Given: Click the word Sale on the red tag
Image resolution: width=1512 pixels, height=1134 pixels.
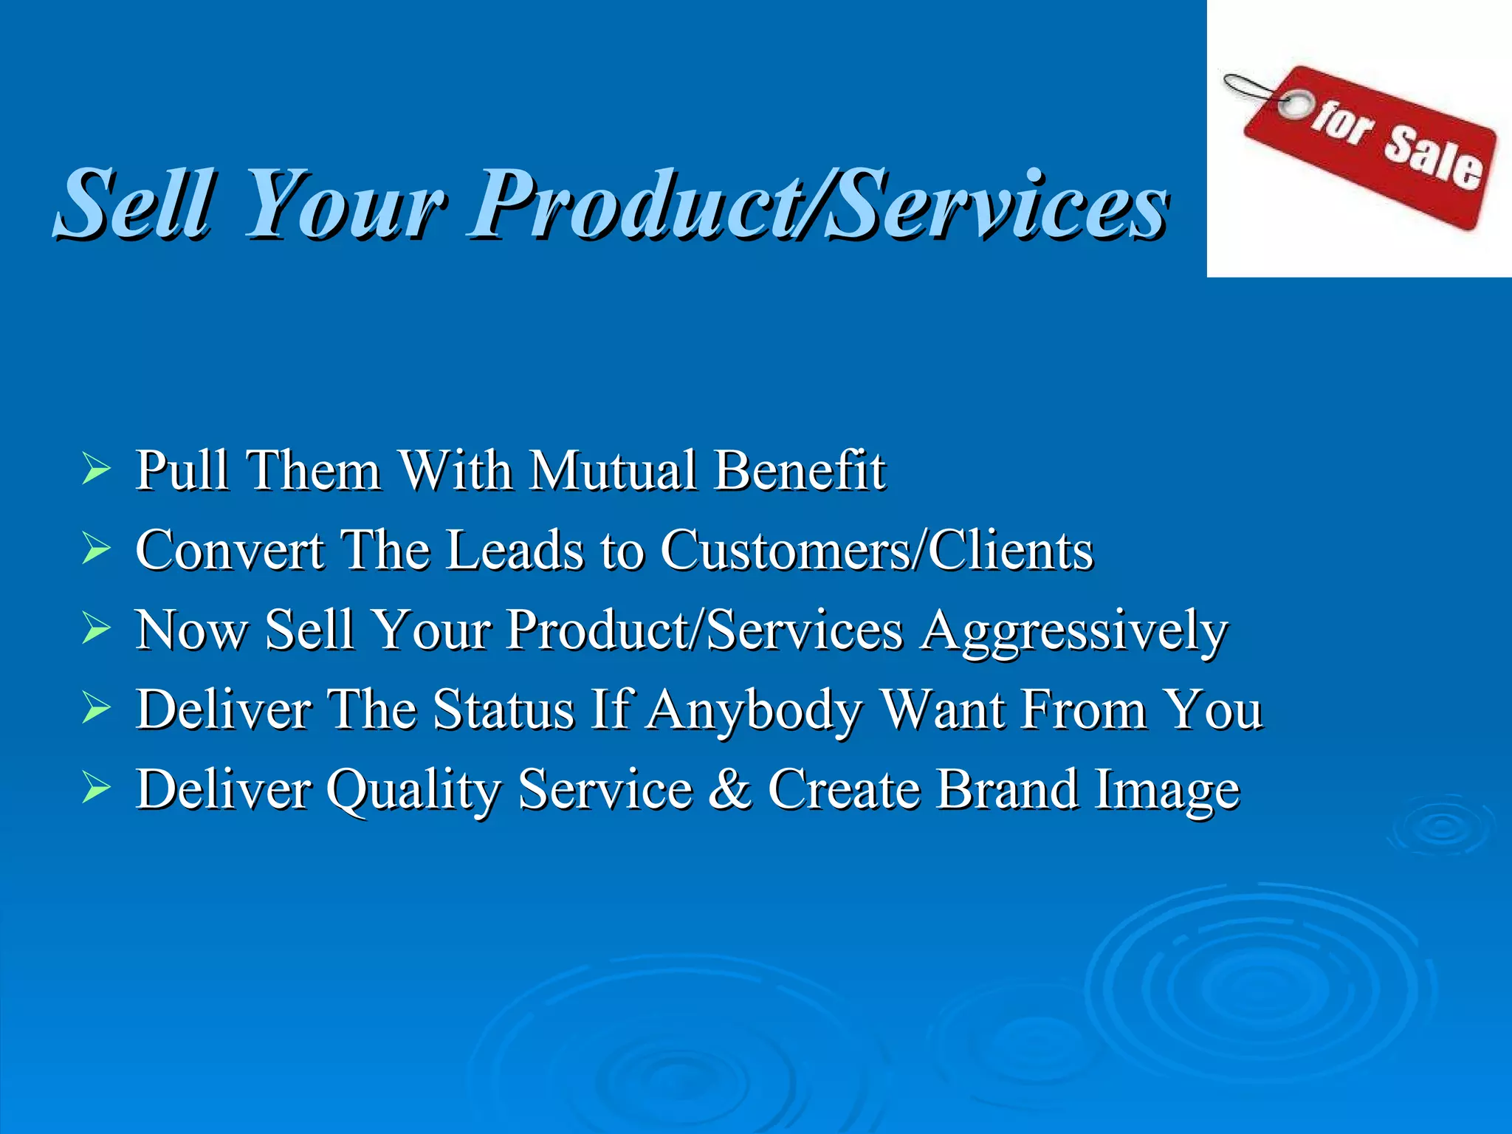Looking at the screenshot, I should point(1432,158).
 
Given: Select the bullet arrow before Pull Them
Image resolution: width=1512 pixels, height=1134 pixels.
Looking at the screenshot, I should point(96,470).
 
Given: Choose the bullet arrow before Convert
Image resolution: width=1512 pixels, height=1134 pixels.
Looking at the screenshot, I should point(96,549).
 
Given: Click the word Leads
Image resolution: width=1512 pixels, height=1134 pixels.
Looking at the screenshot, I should point(515,549).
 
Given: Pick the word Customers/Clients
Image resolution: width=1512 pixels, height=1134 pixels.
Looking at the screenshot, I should point(876,549).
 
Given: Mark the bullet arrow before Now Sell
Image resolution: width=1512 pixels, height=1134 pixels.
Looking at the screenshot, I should point(96,629).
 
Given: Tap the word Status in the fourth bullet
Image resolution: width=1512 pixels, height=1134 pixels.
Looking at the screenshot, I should point(503,709).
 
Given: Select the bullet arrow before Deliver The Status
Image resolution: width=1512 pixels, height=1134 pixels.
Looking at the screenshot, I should point(96,709).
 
